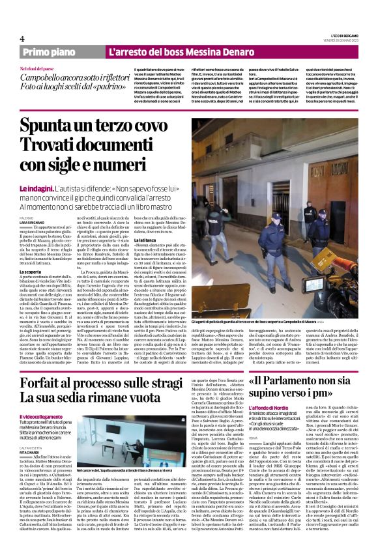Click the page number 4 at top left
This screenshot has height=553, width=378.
22,38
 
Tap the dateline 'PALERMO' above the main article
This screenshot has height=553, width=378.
26,199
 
